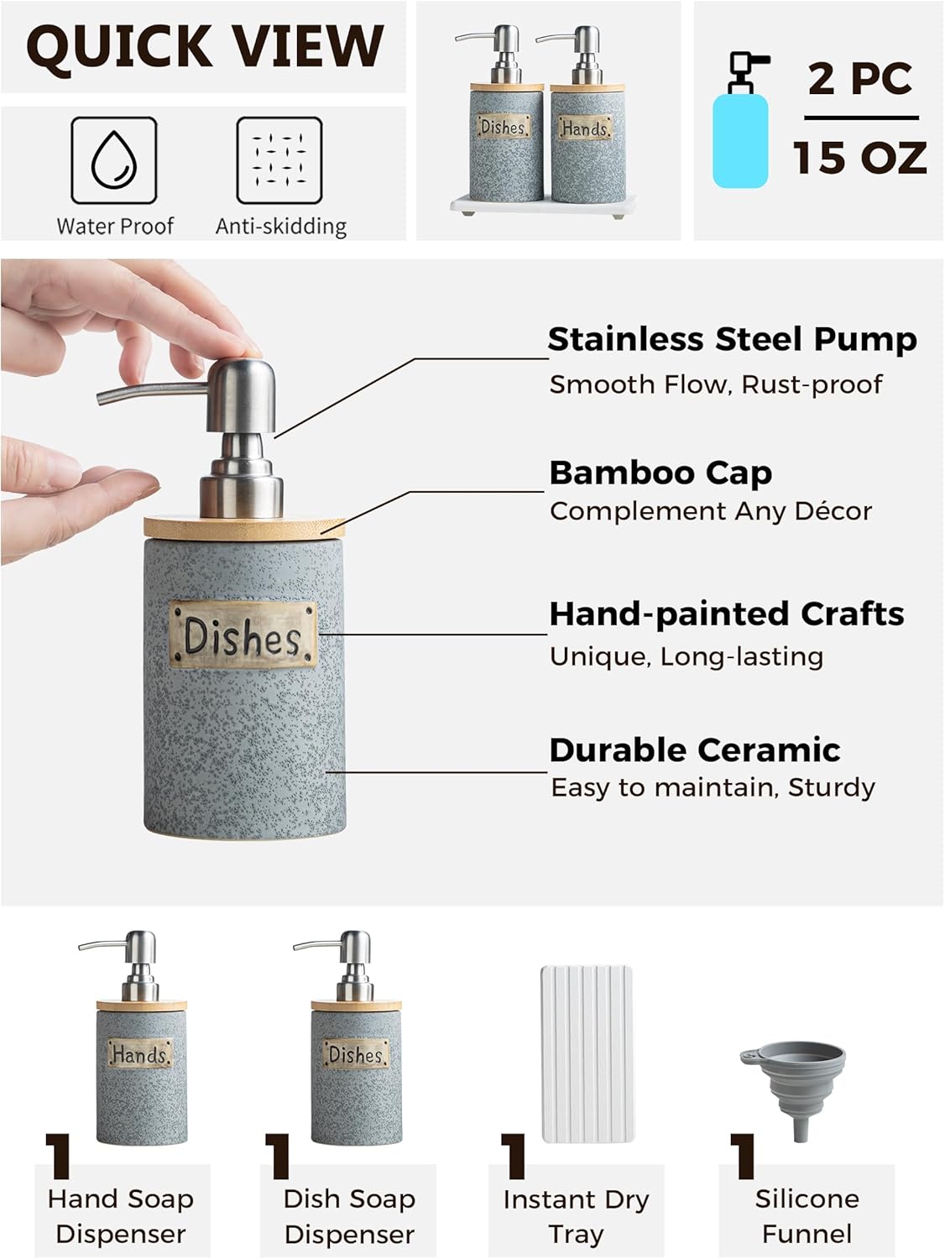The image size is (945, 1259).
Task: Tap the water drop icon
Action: tap(114, 159)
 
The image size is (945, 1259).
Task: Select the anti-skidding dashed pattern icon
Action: tap(279, 159)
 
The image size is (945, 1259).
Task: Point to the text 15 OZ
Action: tap(860, 158)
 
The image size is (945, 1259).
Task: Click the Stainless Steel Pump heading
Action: tap(732, 339)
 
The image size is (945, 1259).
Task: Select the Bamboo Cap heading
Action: tap(660, 473)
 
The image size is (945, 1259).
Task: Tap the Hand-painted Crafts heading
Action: tap(727, 614)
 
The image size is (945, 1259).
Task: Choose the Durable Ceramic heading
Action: tap(695, 750)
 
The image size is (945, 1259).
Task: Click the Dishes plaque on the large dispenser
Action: tap(243, 635)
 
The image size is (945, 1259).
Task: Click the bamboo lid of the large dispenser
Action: tap(243, 527)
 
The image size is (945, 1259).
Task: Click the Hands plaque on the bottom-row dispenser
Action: tap(140, 1053)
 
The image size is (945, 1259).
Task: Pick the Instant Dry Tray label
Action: tap(576, 1216)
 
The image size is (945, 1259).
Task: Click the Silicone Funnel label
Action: tap(807, 1216)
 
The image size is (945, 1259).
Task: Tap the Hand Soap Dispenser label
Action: tap(121, 1216)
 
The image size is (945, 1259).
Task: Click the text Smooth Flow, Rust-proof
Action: tap(716, 384)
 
